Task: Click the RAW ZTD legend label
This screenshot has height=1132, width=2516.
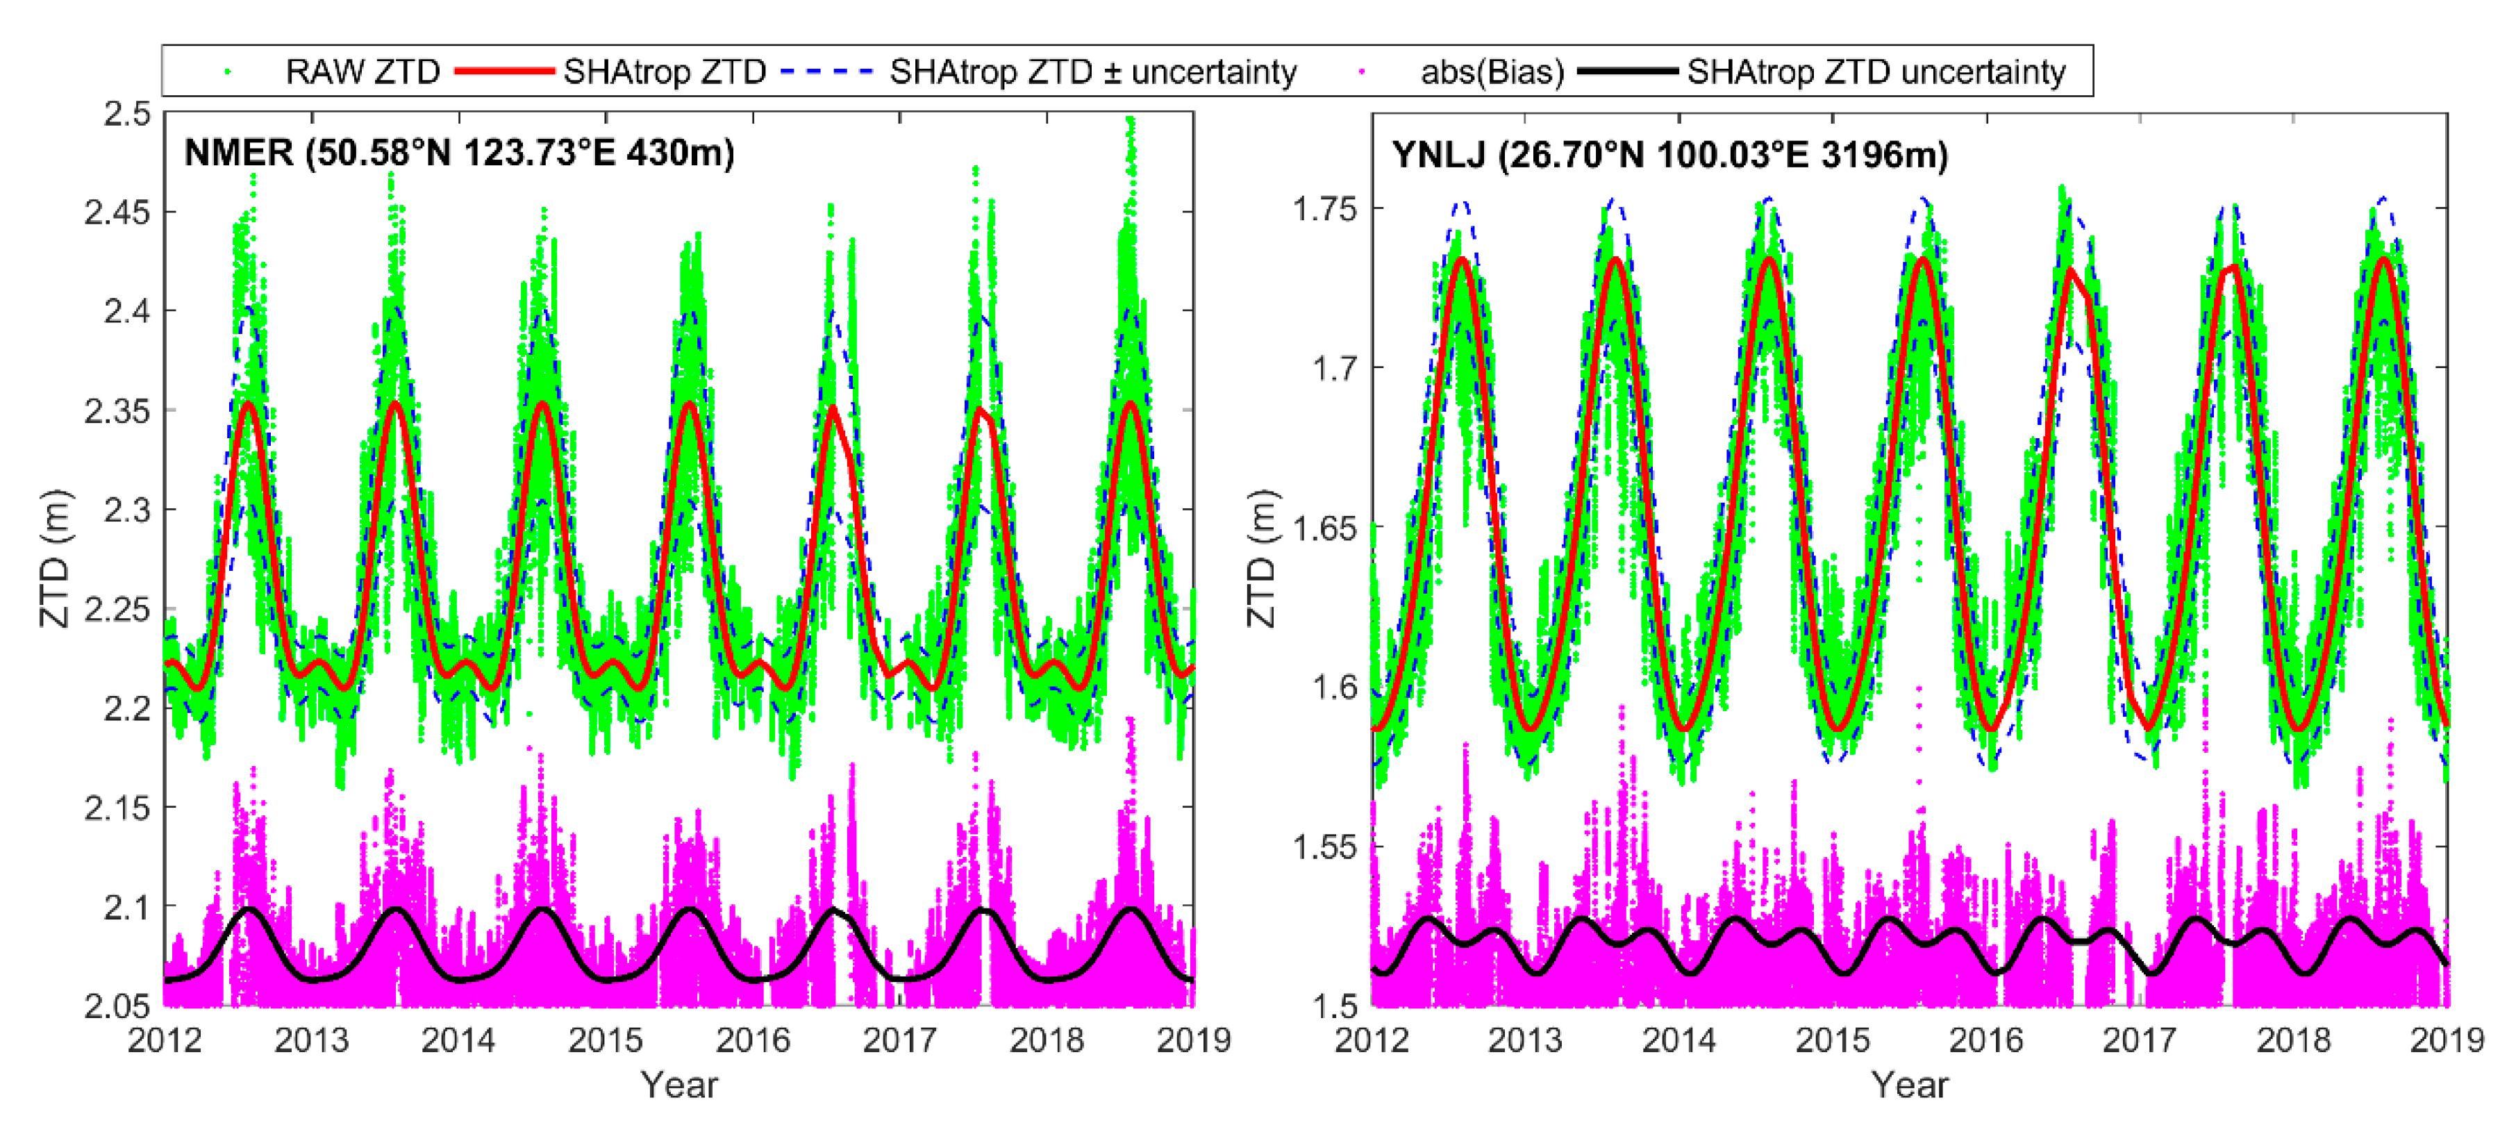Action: click(x=361, y=72)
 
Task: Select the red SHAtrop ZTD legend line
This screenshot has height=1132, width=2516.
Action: click(x=505, y=72)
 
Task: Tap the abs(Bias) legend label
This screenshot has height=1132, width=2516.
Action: click(x=1492, y=72)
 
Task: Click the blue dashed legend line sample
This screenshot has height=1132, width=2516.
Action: click(x=828, y=72)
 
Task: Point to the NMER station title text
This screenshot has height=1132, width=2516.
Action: click(x=459, y=153)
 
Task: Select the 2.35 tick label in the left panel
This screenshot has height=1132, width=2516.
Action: click(x=118, y=411)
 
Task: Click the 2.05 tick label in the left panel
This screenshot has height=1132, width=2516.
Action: click(x=118, y=1006)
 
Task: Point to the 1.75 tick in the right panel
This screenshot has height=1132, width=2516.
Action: click(x=1326, y=209)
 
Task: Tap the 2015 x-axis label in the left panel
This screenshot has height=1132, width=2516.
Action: click(x=606, y=1040)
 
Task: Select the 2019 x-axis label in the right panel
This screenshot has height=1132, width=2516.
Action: click(x=2446, y=1040)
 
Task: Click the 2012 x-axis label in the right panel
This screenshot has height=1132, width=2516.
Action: click(x=1372, y=1040)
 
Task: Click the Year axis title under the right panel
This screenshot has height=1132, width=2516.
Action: click(x=1910, y=1085)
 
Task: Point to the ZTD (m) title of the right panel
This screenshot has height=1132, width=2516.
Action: click(x=1262, y=558)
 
